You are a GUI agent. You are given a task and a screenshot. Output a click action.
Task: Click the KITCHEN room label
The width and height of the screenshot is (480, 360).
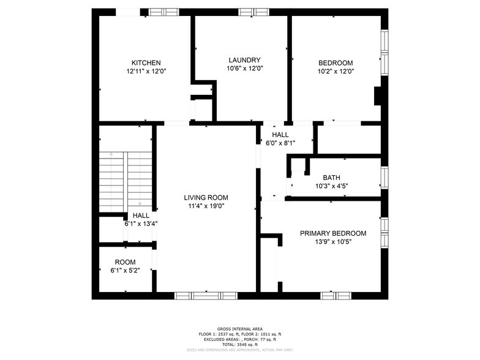click(x=146, y=62)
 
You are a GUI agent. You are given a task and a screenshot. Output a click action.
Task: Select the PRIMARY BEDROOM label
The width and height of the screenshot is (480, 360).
click(x=332, y=233)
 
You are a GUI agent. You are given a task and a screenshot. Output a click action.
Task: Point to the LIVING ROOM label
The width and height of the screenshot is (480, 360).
click(x=206, y=198)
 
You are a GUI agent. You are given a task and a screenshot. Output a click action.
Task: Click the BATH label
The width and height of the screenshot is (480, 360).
click(x=331, y=178)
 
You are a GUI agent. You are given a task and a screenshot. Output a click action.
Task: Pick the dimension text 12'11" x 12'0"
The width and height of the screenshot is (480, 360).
click(x=146, y=71)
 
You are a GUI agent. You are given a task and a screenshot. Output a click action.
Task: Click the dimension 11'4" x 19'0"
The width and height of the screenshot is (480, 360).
click(x=206, y=206)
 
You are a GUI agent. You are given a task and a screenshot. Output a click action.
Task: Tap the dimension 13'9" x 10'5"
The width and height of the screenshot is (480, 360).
click(x=332, y=242)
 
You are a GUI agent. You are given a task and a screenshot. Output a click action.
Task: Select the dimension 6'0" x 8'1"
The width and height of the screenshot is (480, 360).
click(x=280, y=143)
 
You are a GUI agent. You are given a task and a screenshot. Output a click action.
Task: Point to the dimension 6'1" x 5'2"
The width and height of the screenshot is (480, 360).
click(x=125, y=271)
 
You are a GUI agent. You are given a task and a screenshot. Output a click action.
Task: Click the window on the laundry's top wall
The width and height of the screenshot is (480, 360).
click(x=253, y=12)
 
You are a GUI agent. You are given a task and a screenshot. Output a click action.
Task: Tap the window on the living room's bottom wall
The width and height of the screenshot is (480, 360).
click(x=198, y=296)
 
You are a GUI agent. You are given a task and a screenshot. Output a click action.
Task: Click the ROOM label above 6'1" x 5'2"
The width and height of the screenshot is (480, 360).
click(x=125, y=262)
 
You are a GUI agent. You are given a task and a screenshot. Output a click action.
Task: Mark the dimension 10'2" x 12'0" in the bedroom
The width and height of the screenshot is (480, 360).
click(x=336, y=71)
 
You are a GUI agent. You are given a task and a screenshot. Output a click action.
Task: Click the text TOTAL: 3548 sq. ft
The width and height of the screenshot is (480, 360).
click(x=240, y=345)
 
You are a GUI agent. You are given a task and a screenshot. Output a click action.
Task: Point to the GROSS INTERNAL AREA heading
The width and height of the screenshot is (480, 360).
click(x=240, y=329)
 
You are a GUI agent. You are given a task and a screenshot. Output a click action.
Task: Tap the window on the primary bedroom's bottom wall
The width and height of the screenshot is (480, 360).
click(x=336, y=296)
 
